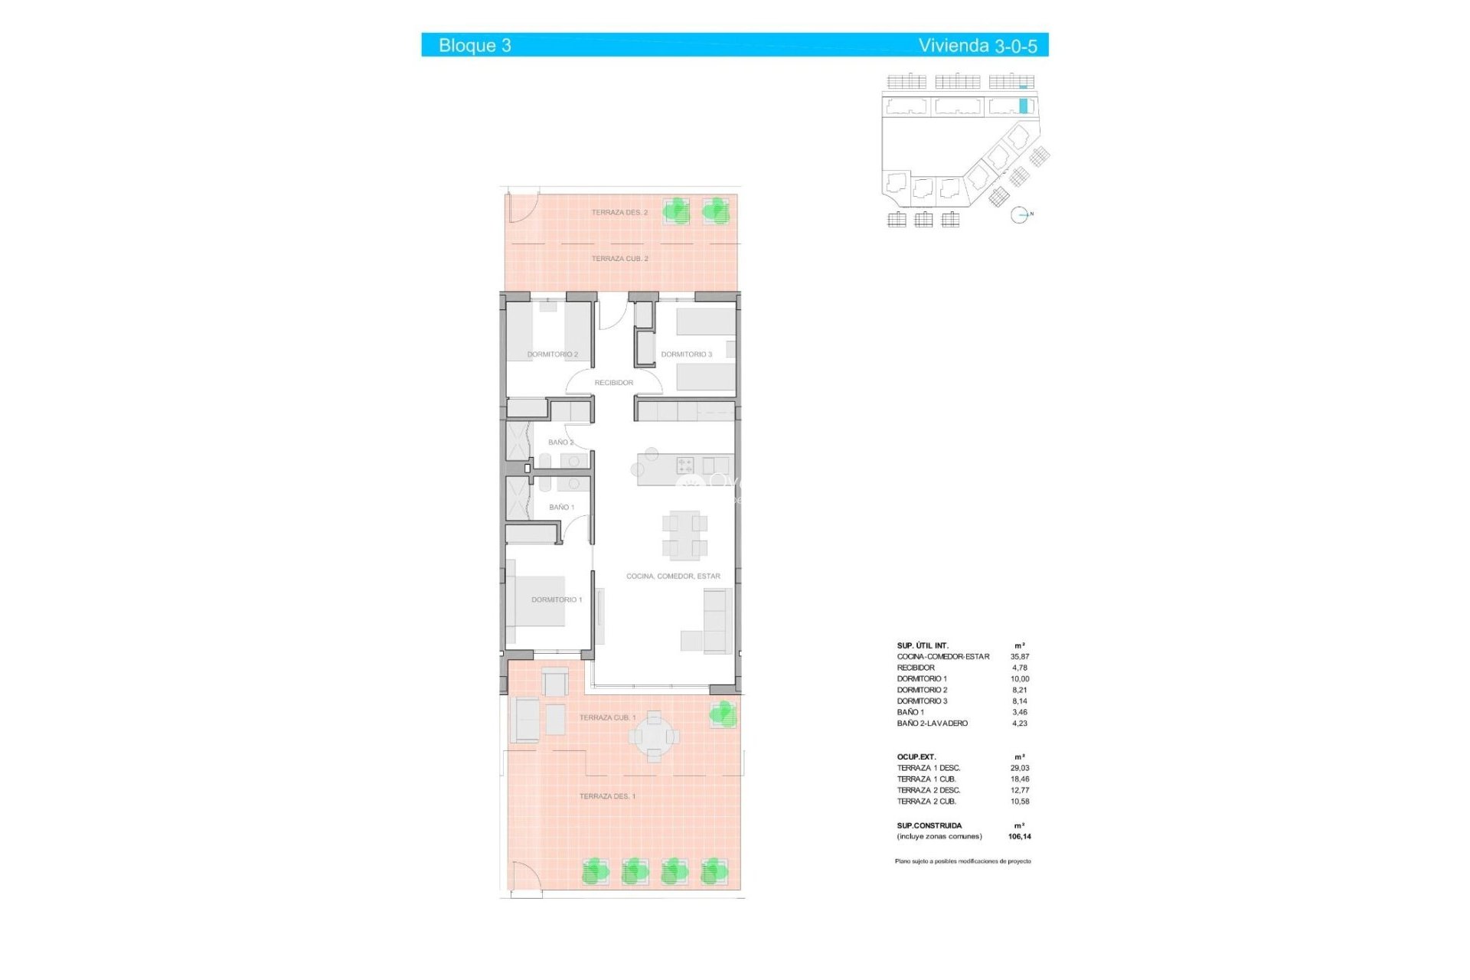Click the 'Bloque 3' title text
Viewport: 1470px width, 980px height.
point(475,45)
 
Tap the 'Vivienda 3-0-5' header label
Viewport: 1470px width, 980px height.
point(977,46)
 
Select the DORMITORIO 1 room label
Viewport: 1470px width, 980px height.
point(557,599)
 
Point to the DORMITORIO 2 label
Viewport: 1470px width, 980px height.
point(552,354)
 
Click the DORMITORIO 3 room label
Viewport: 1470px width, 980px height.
point(686,354)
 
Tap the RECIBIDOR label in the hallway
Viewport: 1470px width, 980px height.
point(613,383)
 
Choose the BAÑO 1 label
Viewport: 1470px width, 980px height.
point(561,507)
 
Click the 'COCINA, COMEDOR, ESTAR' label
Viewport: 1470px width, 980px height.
point(673,576)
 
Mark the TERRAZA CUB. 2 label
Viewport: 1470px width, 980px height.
point(619,259)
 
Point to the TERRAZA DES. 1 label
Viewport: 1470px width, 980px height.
point(607,796)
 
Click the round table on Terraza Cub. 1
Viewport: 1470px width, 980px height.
point(653,737)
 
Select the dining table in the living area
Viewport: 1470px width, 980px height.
point(684,534)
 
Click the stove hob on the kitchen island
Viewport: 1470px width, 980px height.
point(684,465)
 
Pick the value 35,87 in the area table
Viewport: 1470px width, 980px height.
point(1019,657)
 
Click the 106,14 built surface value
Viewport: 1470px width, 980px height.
point(1019,837)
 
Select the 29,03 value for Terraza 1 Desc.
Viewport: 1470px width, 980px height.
point(1019,768)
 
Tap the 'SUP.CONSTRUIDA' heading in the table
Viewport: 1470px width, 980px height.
point(929,825)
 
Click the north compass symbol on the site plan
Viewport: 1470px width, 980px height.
point(1019,215)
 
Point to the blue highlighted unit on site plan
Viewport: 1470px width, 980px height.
point(1023,106)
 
